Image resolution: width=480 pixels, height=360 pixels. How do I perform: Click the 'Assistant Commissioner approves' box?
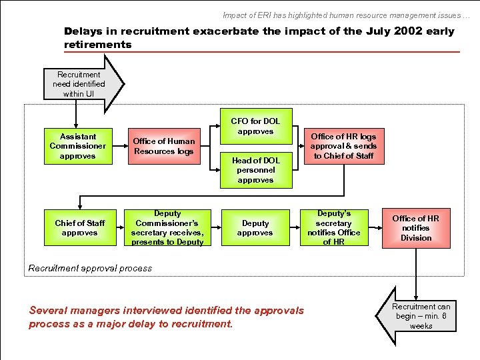coord(77,146)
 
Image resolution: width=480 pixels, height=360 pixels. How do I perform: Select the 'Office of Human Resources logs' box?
coord(164,146)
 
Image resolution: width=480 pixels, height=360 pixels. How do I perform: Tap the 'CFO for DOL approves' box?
coord(255,127)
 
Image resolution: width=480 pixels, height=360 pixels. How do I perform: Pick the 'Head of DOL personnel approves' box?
coord(255,170)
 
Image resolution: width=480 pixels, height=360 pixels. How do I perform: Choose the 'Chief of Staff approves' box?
coord(80,228)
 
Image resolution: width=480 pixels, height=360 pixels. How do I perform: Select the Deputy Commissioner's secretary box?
coord(167,228)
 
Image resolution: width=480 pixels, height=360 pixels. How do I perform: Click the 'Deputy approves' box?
coord(255,228)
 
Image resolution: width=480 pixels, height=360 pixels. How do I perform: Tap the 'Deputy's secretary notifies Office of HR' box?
coord(333,228)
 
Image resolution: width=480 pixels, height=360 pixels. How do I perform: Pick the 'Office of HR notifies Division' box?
coord(416,228)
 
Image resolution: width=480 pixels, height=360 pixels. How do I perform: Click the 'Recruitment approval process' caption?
coord(90,268)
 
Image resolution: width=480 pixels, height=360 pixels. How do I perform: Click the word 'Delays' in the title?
coord(83,31)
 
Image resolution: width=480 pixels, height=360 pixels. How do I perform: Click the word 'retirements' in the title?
coord(98,45)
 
